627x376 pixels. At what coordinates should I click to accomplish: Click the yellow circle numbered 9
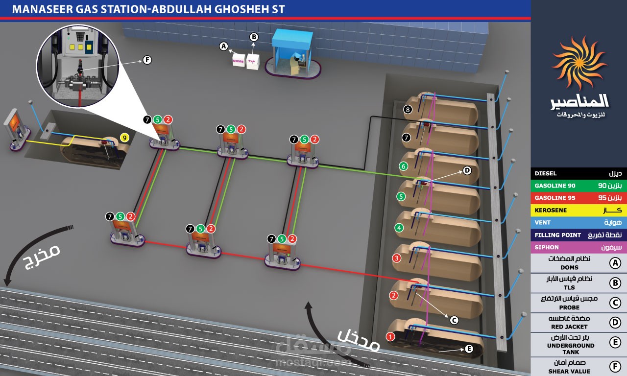tap(125, 139)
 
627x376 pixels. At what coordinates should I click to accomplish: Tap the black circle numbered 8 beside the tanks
tap(408, 110)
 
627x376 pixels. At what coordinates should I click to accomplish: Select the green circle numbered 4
tap(399, 228)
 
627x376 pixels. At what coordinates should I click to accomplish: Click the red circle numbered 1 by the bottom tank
tap(390, 337)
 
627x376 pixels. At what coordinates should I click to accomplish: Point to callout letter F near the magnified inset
tap(146, 60)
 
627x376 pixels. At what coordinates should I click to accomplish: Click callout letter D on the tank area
tap(466, 170)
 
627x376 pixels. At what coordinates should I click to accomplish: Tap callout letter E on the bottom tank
tap(468, 349)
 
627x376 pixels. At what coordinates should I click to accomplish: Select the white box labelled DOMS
tap(239, 61)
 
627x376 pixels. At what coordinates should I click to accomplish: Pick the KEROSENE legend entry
tap(579, 210)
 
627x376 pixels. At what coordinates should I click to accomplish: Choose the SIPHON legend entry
tap(579, 247)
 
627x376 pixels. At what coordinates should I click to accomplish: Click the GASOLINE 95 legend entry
tap(579, 198)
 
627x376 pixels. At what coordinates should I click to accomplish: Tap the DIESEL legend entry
tap(579, 173)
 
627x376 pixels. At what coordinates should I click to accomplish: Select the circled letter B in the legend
tap(615, 283)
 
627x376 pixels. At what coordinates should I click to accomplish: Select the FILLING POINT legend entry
tap(579, 235)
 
